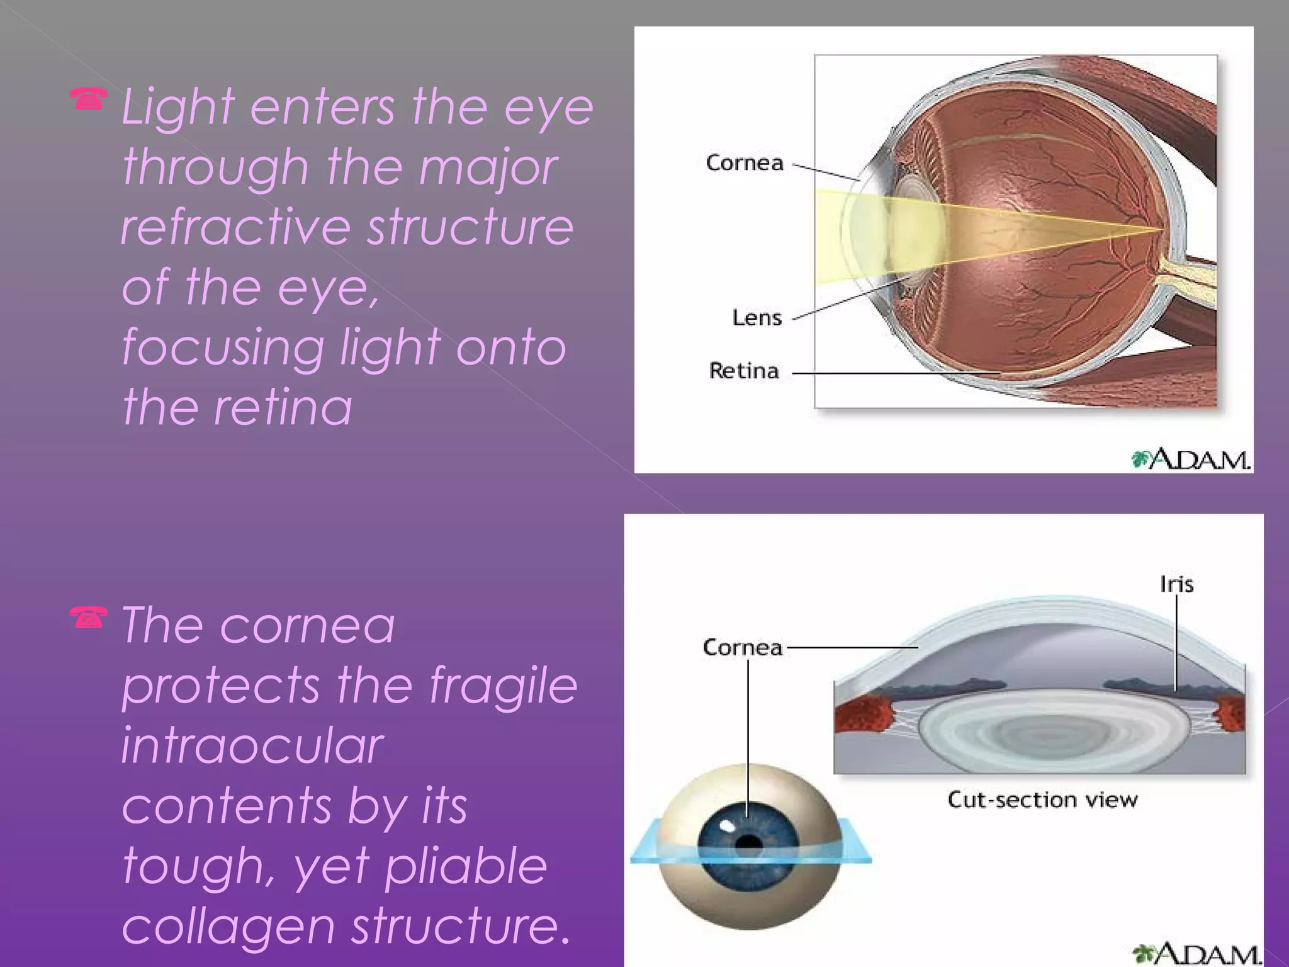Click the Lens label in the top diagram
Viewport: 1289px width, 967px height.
(x=757, y=317)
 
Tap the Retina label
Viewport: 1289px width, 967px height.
(x=744, y=371)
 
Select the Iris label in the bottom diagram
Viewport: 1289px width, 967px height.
(x=1176, y=584)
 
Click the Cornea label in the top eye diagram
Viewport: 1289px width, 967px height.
(x=745, y=163)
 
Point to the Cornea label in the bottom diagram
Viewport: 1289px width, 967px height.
(x=742, y=647)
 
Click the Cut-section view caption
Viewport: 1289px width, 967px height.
(x=1042, y=800)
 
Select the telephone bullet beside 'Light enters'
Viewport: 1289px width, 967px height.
(x=88, y=99)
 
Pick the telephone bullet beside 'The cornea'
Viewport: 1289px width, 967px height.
(x=88, y=618)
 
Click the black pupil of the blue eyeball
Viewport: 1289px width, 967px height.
(x=748, y=844)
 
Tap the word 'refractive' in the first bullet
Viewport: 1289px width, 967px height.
(x=235, y=227)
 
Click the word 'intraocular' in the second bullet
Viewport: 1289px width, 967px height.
(x=252, y=745)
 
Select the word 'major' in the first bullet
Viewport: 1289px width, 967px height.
(x=488, y=169)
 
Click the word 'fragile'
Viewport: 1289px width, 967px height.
(x=503, y=686)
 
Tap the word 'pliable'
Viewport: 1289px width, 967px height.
(x=466, y=867)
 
